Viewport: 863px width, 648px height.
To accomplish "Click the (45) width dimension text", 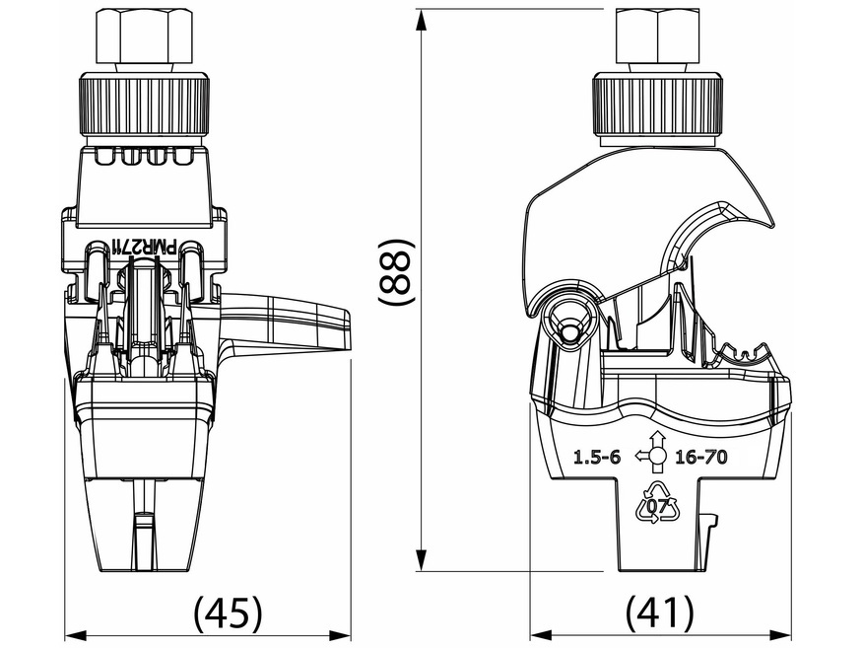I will tap(229, 613).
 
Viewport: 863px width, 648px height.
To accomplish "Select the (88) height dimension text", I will tap(397, 282).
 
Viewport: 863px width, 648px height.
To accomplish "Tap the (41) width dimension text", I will tap(660, 613).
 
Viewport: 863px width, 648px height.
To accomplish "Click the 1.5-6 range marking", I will tap(597, 457).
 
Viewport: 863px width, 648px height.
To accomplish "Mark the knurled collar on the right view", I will tap(660, 107).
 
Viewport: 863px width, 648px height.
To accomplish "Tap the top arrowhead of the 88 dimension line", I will tap(422, 17).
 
